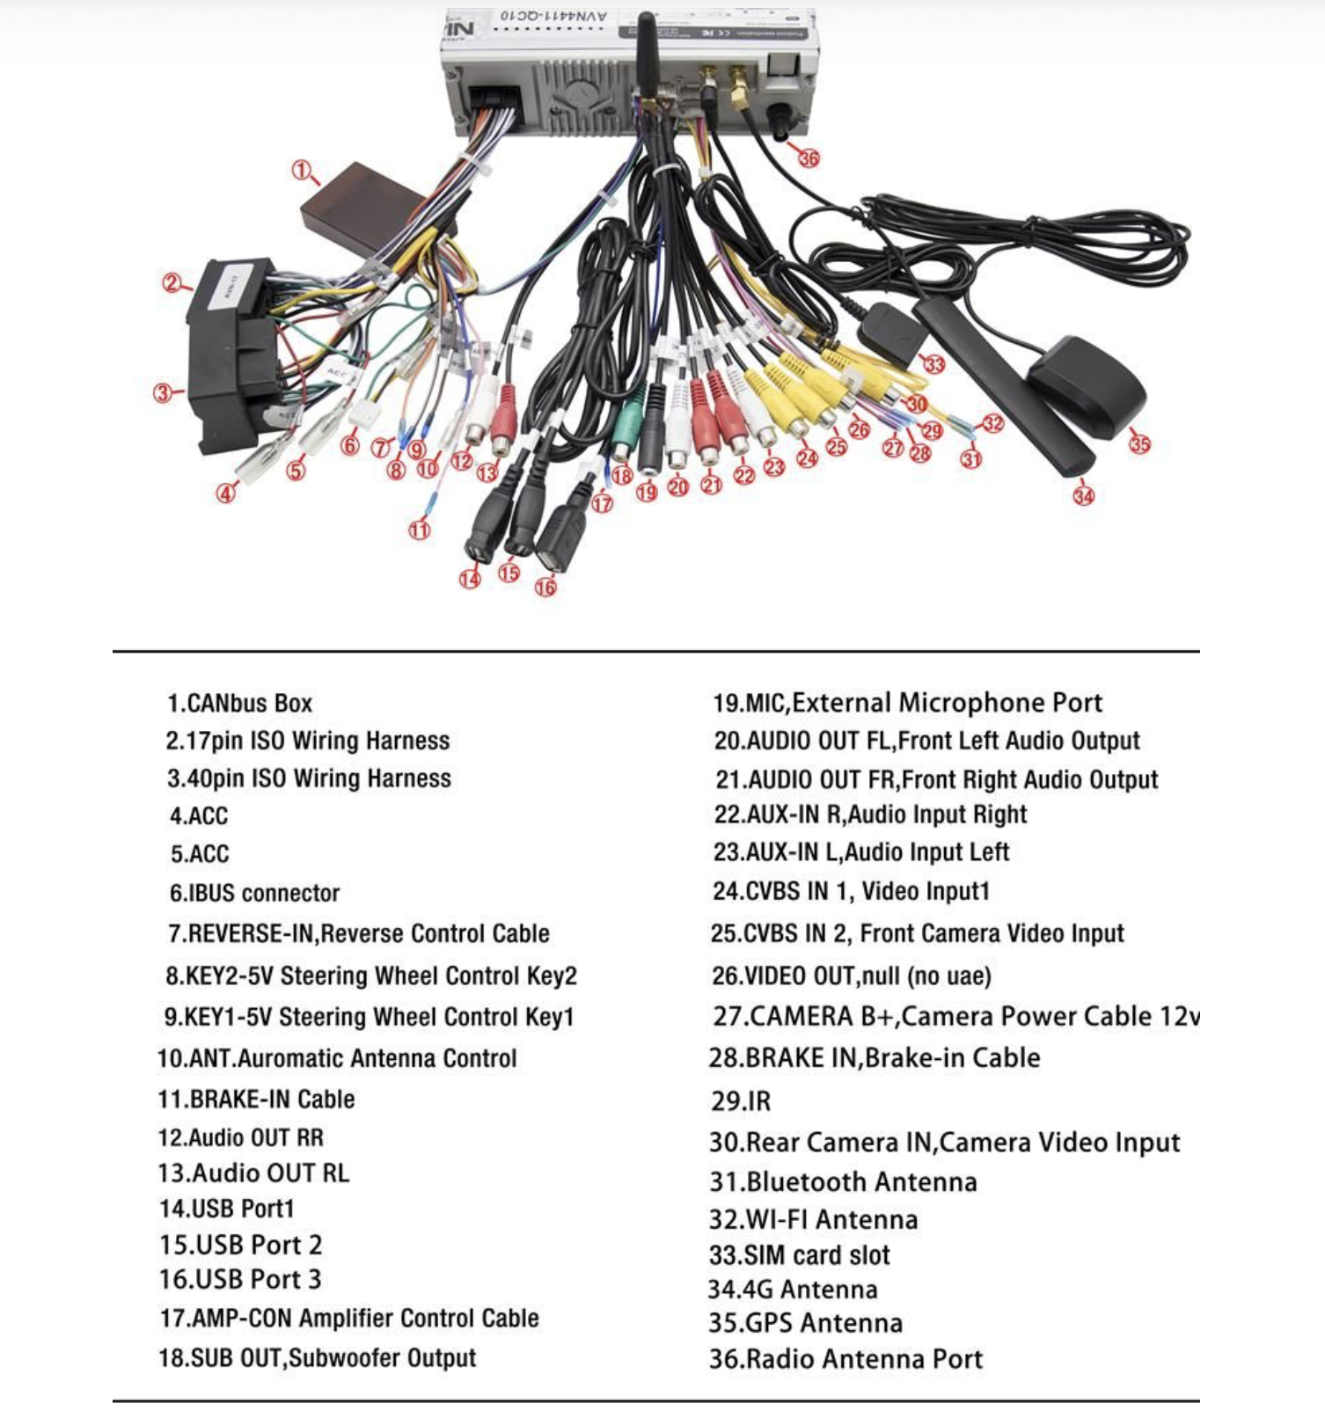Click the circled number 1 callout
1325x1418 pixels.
tap(302, 171)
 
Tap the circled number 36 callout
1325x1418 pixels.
tap(809, 158)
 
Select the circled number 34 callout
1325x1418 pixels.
tap(1083, 496)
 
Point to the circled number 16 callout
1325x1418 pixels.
tap(545, 587)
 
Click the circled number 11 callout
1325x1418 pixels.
tap(420, 530)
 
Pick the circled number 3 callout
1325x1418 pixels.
tap(163, 393)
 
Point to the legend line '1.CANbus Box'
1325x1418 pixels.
tap(239, 704)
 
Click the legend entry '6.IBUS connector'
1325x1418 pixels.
tap(254, 894)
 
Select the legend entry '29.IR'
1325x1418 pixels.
tap(741, 1101)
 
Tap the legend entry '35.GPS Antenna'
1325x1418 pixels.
tap(806, 1324)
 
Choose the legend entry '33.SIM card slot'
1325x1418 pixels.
tap(800, 1255)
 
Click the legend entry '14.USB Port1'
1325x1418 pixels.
tap(226, 1209)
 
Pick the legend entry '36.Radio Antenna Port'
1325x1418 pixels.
tap(846, 1360)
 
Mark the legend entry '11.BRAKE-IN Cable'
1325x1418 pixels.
tap(256, 1100)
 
